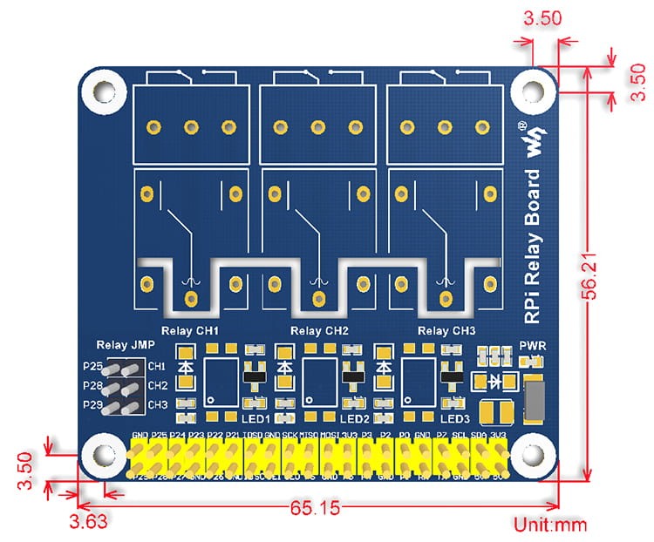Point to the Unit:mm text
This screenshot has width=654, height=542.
[x=550, y=525]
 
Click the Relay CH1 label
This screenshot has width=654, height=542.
[x=190, y=331]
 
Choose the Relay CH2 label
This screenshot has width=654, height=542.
[x=319, y=331]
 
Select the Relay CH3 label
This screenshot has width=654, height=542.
[x=446, y=331]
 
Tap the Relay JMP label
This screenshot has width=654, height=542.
[x=120, y=345]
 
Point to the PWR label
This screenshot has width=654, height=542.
[x=531, y=344]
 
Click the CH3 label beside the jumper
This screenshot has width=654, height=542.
[x=158, y=404]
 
